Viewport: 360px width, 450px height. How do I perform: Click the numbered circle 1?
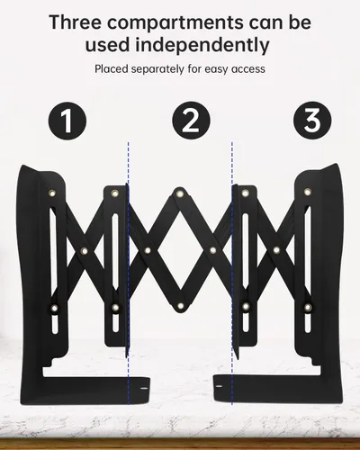point(67,121)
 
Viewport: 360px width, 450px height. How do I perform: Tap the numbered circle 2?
point(191,120)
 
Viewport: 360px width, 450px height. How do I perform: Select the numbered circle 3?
point(312,120)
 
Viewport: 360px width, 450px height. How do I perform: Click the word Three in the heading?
point(75,22)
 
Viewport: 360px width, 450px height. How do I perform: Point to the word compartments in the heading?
point(175,23)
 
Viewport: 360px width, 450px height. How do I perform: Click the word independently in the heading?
point(202,46)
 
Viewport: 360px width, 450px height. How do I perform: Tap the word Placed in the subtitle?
point(109,69)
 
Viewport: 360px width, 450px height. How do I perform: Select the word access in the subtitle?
point(248,69)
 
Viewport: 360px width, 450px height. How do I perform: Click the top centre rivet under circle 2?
point(180,193)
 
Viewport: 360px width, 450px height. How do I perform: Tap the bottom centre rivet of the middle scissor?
point(180,306)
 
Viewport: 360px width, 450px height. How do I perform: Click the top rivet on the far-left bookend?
point(52,193)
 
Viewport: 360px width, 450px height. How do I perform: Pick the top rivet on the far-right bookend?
point(307,192)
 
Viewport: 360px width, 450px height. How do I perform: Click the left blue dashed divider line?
point(129,273)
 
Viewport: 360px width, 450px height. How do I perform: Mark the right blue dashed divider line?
point(232,273)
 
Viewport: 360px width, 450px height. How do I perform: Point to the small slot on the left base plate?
point(144,388)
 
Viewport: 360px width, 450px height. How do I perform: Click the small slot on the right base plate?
point(220,386)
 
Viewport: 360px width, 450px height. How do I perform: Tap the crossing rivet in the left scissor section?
point(85,250)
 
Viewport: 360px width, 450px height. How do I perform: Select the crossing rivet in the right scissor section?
point(276,249)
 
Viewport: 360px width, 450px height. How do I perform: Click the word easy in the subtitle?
point(216,70)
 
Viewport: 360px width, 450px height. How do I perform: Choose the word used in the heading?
point(107,46)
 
